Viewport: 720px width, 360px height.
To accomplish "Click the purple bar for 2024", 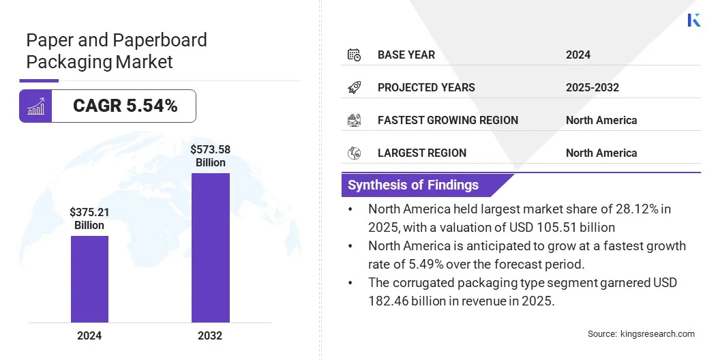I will (89, 279).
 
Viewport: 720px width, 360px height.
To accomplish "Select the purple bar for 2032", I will (211, 247).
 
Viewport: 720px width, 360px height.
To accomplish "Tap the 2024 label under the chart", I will (89, 335).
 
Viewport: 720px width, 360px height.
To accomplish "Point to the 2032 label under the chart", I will (211, 335).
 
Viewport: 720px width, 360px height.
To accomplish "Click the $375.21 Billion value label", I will (89, 219).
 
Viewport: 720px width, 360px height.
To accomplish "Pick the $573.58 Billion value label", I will (211, 156).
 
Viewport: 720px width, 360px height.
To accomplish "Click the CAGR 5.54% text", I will (125, 106).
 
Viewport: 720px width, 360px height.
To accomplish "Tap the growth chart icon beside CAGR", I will (35, 106).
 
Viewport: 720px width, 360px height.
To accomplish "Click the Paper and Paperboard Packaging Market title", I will (117, 50).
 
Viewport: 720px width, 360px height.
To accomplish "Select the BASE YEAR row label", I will (406, 55).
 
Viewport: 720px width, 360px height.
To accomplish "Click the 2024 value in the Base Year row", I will (578, 55).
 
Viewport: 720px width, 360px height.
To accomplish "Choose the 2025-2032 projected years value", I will (592, 87).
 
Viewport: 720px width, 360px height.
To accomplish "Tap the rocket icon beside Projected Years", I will (354, 87).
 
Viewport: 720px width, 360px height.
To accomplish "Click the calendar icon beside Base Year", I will (354, 55).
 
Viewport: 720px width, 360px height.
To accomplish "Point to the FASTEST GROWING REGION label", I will (448, 120).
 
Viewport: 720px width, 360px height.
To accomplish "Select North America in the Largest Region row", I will (601, 153).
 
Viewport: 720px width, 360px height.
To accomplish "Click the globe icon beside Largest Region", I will (354, 153).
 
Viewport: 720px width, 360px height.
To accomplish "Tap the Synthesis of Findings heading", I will (413, 185).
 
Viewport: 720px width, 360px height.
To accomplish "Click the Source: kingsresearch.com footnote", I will (641, 334).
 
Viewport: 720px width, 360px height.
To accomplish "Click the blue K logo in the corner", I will (694, 20).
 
